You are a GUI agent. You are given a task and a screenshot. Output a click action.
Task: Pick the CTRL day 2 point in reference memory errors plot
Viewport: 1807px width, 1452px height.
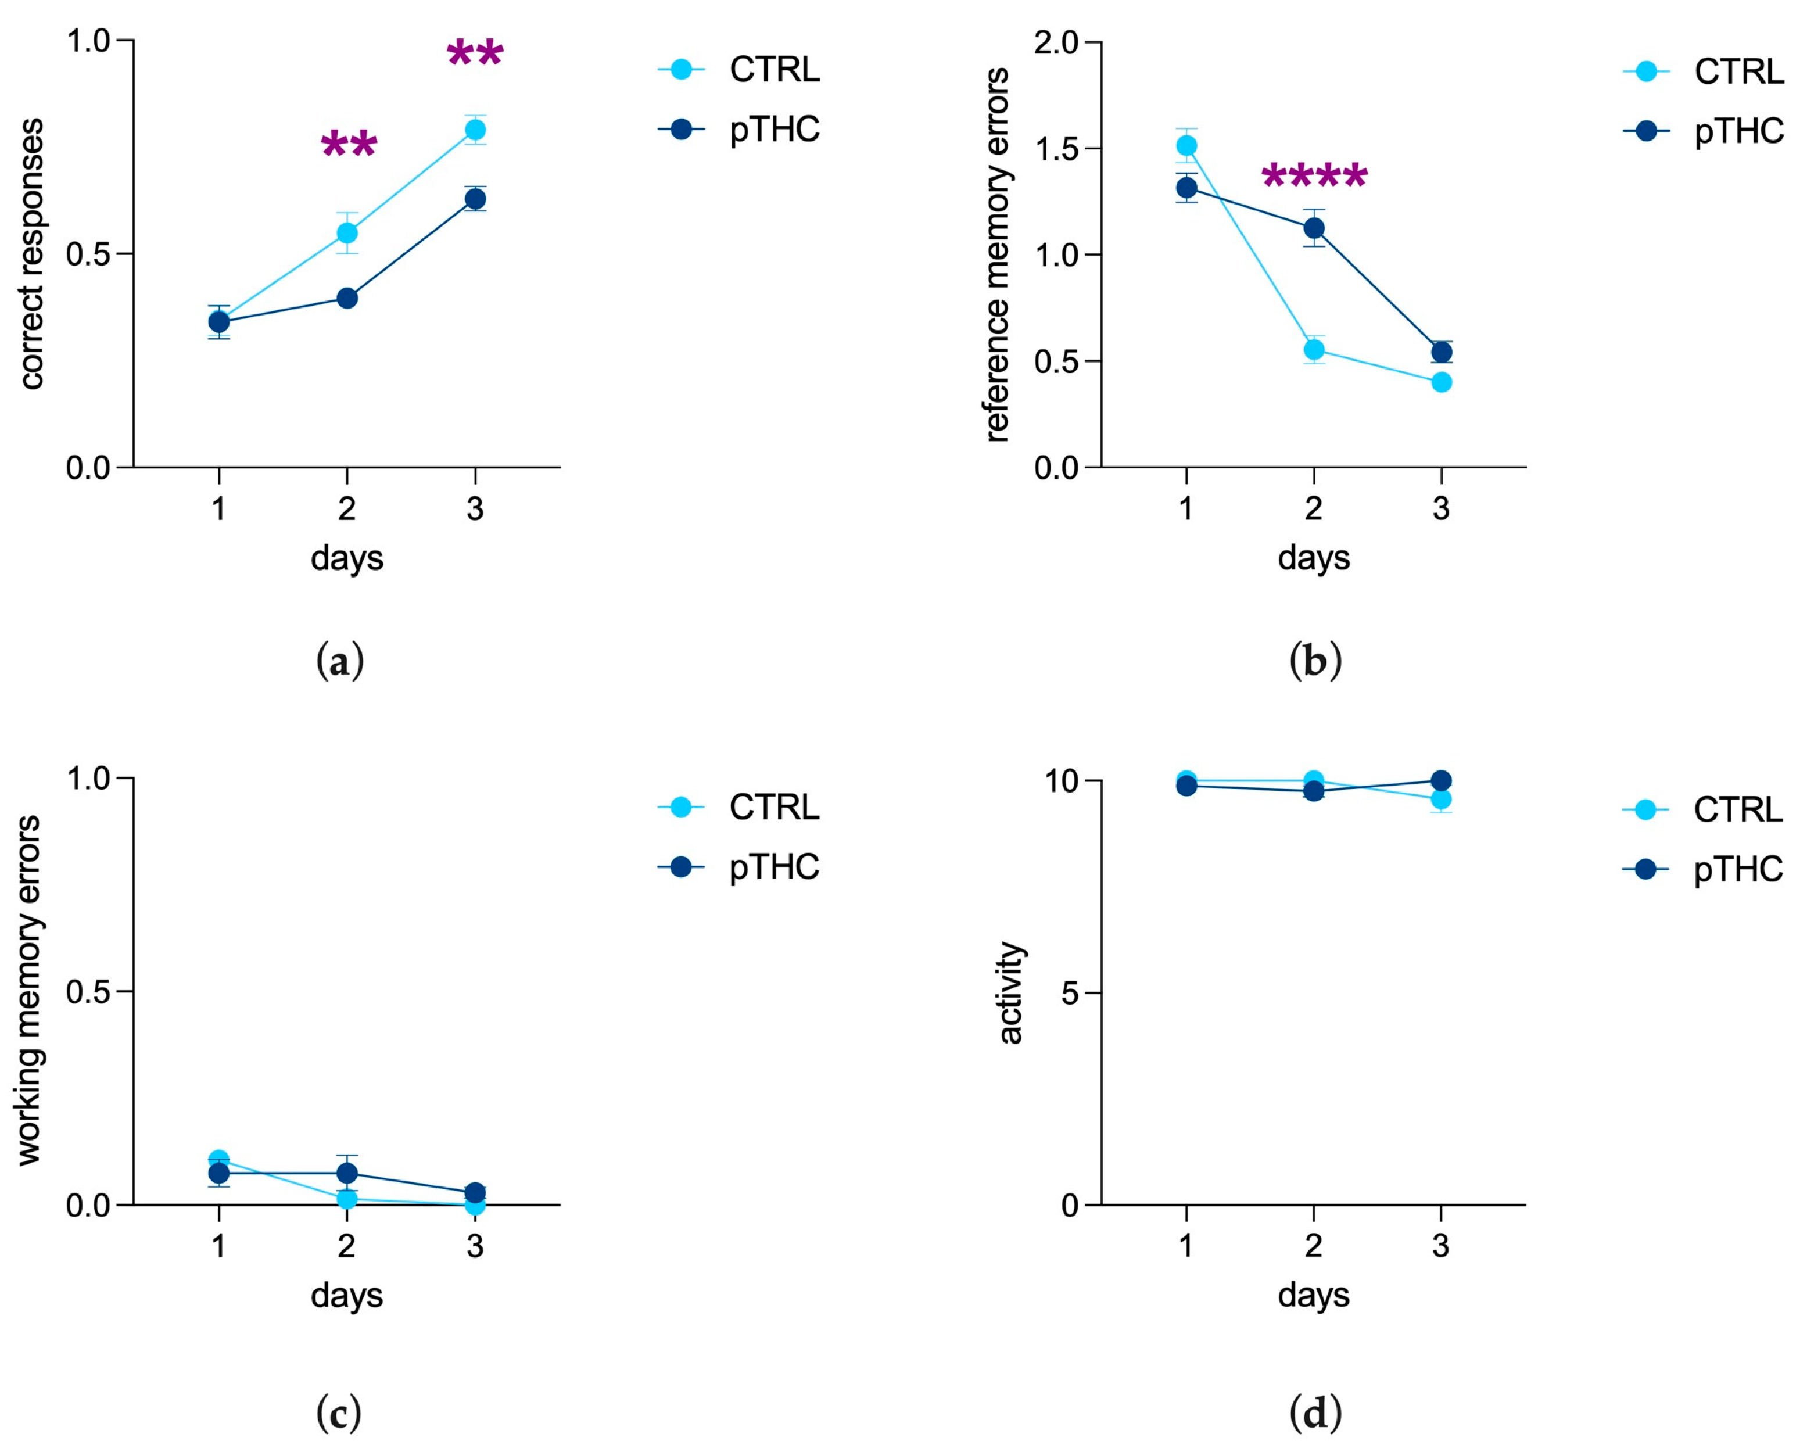(x=1314, y=350)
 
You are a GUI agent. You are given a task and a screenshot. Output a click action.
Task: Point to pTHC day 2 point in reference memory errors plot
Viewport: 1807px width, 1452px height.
(x=1314, y=228)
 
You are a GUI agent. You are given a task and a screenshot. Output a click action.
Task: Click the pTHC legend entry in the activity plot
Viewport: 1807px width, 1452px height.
(x=1737, y=869)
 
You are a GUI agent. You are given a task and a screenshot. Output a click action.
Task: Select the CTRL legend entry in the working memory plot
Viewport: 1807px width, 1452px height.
(x=773, y=807)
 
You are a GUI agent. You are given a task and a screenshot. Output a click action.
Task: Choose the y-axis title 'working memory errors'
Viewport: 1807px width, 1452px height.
(x=28, y=990)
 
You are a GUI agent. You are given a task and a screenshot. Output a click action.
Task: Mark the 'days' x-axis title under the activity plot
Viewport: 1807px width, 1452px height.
(x=1313, y=1295)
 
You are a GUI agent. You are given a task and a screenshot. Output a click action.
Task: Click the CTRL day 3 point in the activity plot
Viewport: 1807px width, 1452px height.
(x=1441, y=799)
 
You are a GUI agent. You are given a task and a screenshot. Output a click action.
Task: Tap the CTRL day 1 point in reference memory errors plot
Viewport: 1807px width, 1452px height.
(x=1186, y=146)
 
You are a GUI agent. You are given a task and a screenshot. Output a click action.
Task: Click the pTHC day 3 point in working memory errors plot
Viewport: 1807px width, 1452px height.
(x=475, y=1193)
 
